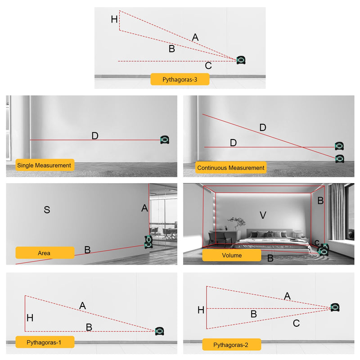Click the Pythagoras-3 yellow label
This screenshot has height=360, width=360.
(180, 80)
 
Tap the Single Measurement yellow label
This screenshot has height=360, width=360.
(45, 165)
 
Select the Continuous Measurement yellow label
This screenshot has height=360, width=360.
(231, 167)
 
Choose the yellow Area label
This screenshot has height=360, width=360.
(45, 253)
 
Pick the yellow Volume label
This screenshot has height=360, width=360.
(232, 255)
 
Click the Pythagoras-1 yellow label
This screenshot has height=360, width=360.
(45, 342)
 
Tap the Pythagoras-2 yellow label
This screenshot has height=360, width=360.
(232, 345)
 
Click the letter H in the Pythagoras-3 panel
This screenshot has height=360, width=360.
(114, 19)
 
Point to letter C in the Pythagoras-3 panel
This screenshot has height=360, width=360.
(208, 66)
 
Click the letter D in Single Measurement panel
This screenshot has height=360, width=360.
(95, 136)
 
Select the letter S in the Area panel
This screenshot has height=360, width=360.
(47, 210)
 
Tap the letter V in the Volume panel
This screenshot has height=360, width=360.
(263, 215)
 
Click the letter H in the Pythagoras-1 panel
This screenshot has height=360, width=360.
(30, 318)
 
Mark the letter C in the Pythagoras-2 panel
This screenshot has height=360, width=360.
(296, 323)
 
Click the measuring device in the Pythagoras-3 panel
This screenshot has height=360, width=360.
(241, 60)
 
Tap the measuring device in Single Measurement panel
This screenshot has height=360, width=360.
(165, 139)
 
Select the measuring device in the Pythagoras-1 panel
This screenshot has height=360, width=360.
(160, 331)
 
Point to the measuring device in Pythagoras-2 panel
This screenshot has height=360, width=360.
(335, 307)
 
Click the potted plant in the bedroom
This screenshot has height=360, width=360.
(237, 223)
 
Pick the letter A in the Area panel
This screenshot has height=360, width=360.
(144, 208)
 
